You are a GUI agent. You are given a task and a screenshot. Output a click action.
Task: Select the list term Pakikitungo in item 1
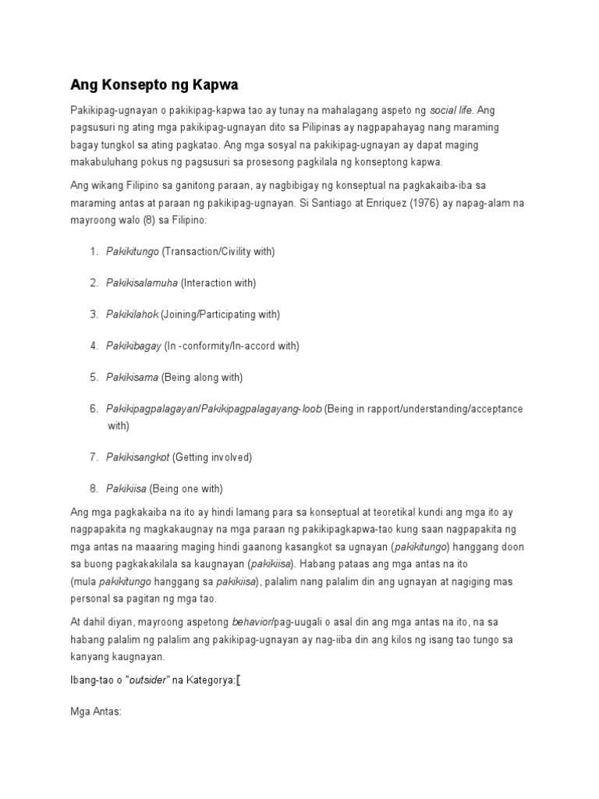(x=133, y=251)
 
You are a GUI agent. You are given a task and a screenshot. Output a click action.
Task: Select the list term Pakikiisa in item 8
(x=125, y=488)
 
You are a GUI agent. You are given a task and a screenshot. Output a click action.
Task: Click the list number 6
(x=94, y=409)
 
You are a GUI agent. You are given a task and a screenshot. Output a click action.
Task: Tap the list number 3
(x=94, y=314)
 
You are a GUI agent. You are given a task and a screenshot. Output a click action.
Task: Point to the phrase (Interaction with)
(x=218, y=282)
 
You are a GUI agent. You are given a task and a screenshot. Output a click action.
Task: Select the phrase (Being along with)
(x=202, y=377)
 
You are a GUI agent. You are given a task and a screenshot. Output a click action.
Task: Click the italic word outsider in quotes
(x=147, y=680)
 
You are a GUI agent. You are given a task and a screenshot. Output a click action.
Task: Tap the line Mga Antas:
(x=96, y=712)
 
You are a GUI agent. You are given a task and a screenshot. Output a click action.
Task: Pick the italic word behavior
(x=252, y=622)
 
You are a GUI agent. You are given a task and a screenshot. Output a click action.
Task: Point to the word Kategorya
(x=208, y=680)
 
